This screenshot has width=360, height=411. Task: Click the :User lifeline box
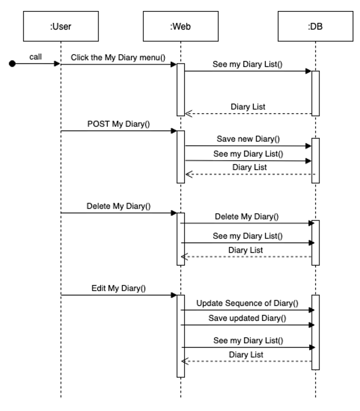61,26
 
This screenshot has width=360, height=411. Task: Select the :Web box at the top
180,26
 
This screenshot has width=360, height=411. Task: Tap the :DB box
315,26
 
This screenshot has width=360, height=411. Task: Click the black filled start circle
12,64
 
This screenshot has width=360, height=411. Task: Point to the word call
35,57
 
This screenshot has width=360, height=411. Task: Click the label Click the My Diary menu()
118,57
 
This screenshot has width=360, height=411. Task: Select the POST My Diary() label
119,124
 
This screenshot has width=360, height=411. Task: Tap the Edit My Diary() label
119,288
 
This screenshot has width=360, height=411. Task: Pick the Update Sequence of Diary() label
247,303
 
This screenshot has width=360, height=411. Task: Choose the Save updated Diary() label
247,318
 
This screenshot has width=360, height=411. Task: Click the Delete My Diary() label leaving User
119,205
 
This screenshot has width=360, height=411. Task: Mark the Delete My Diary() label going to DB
247,216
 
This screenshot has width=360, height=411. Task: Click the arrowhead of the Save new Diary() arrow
308,146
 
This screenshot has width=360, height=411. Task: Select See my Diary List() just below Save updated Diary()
248,340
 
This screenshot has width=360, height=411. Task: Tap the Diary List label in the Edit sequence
246,354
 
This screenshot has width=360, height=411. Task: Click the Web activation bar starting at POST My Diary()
181,157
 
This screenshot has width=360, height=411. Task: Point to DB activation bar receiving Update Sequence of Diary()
315,332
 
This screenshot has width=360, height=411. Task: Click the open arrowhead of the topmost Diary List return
188,114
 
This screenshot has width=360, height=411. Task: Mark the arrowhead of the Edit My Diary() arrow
174,295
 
